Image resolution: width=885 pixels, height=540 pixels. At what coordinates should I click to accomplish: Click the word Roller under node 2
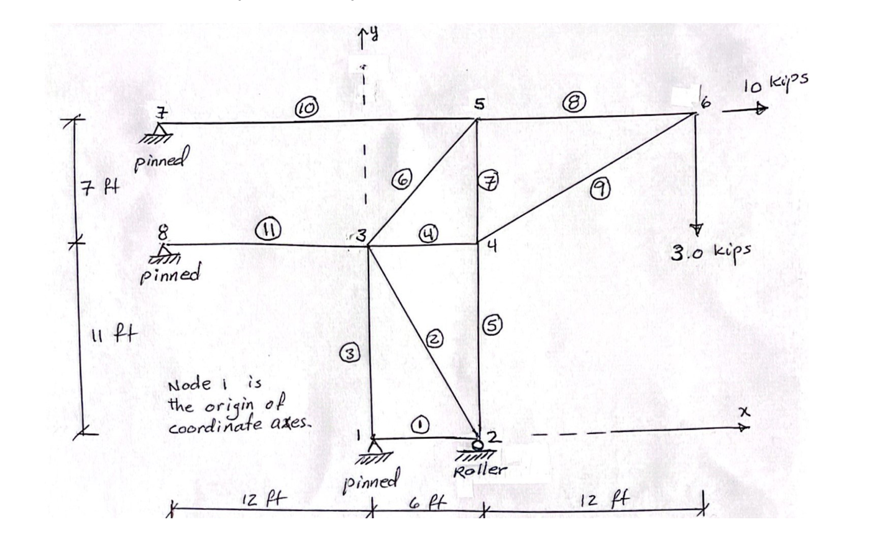pyautogui.click(x=480, y=470)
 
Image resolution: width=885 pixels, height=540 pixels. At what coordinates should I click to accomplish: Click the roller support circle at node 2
pyautogui.click(x=477, y=444)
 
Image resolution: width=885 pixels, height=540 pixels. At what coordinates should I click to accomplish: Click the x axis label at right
pyautogui.click(x=744, y=412)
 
